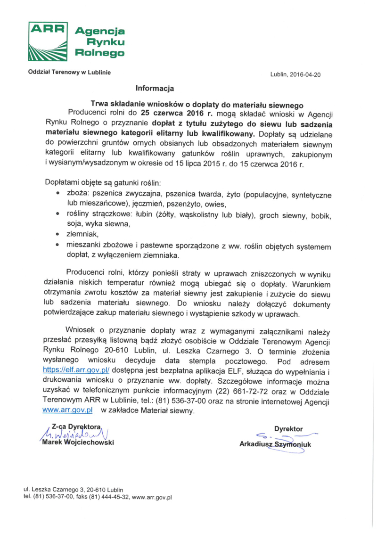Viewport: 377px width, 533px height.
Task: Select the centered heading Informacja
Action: (x=155, y=88)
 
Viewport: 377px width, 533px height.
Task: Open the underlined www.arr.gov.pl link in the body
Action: (x=67, y=410)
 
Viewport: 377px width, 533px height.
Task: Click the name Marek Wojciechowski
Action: (x=78, y=443)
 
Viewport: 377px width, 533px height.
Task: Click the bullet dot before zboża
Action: (x=57, y=195)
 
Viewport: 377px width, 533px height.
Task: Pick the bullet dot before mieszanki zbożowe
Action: (x=57, y=246)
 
